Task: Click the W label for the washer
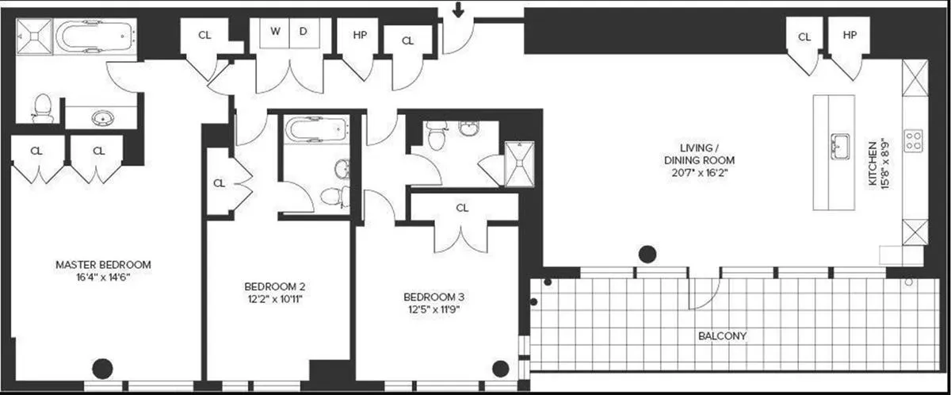276,33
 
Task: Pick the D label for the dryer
302,33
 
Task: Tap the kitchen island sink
839,146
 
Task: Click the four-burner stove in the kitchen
914,140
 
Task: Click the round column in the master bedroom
102,369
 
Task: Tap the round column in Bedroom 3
500,369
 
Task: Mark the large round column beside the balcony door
648,255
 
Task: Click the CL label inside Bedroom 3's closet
462,208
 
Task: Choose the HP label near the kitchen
850,36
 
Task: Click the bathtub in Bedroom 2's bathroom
315,128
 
